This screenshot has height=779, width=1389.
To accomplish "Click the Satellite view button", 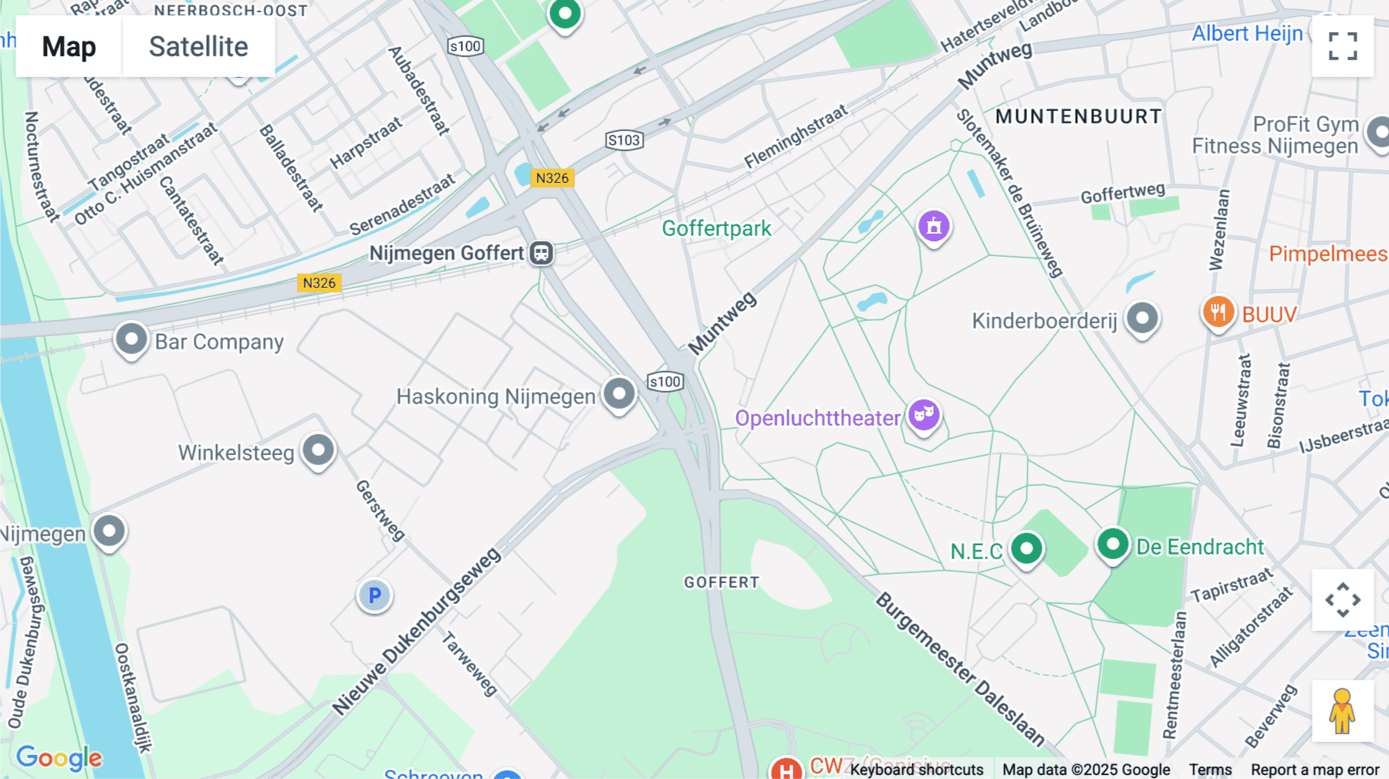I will pyautogui.click(x=198, y=46).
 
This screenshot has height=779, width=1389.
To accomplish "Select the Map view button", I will pyautogui.click(x=69, y=46).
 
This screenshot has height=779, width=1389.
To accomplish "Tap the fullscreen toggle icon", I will pyautogui.click(x=1343, y=46).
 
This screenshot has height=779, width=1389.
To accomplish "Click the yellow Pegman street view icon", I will pyautogui.click(x=1342, y=711).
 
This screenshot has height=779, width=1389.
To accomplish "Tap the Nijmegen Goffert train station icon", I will pyautogui.click(x=541, y=253).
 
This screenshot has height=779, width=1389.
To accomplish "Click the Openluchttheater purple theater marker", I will pyautogui.click(x=923, y=415).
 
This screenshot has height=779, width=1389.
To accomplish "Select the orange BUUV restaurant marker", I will pyautogui.click(x=1218, y=312).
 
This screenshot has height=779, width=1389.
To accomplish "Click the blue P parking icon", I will pyautogui.click(x=374, y=595).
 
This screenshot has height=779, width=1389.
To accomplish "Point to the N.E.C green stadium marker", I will pyautogui.click(x=1026, y=549).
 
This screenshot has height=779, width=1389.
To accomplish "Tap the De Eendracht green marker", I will pyautogui.click(x=1112, y=545).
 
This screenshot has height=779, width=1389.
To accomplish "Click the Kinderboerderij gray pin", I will pyautogui.click(x=1142, y=318).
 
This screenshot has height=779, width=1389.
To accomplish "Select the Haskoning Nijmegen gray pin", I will pyautogui.click(x=619, y=393).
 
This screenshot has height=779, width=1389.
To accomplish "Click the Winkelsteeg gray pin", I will pyautogui.click(x=318, y=450).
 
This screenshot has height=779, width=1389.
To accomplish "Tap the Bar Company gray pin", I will pyautogui.click(x=131, y=339).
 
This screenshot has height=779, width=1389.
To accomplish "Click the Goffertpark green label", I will pyautogui.click(x=716, y=229).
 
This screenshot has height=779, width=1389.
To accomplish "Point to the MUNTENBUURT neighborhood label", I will pyautogui.click(x=1078, y=116).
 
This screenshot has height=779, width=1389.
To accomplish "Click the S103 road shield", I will pyautogui.click(x=624, y=140).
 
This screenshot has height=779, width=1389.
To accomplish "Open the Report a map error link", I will pyautogui.click(x=1314, y=770).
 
